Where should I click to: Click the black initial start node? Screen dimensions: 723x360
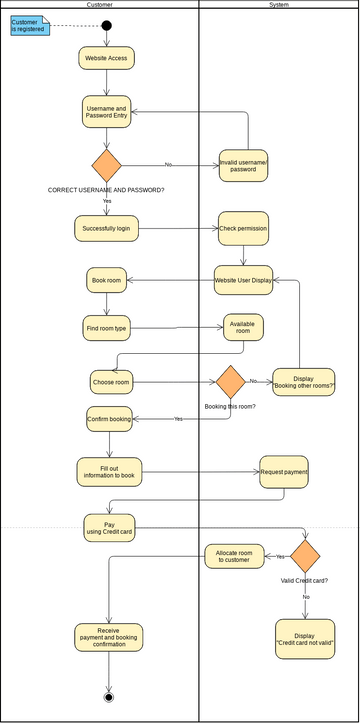(106, 26)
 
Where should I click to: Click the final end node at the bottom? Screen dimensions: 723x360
(108, 696)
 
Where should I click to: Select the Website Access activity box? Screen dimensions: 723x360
(106, 58)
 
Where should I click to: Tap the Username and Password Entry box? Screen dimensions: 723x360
(107, 113)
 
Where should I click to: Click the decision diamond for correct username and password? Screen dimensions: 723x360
(106, 166)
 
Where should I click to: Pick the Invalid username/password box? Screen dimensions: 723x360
(244, 167)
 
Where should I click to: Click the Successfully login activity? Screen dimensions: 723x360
(106, 228)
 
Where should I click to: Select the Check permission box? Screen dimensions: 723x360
(243, 228)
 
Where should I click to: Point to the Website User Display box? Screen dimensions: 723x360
(243, 280)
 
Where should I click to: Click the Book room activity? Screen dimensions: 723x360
(106, 280)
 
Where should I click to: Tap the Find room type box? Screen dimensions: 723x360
(107, 327)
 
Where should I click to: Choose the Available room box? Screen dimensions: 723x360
(243, 328)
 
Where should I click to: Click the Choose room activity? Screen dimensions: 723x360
(111, 381)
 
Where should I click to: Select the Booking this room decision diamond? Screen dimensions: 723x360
(231, 381)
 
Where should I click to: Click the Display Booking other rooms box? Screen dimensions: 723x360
(304, 381)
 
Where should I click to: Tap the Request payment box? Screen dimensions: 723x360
(284, 470)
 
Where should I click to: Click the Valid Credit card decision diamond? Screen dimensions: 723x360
(304, 556)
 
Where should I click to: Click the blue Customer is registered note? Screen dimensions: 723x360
(29, 26)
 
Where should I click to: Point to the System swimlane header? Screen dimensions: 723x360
(280, 5)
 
